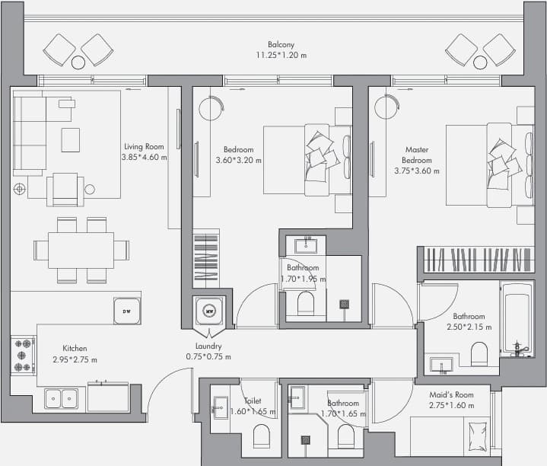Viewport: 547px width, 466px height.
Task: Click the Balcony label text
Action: tap(281, 44)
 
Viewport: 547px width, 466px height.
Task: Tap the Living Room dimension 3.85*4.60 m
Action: tap(144, 157)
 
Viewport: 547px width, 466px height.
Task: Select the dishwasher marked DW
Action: tap(127, 311)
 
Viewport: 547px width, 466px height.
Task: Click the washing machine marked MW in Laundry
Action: tap(209, 311)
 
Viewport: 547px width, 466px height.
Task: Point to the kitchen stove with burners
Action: tap(23, 356)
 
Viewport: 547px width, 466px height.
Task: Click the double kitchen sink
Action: tap(62, 399)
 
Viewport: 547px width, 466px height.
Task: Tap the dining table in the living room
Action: tap(81, 250)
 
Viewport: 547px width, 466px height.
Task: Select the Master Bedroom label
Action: tap(417, 155)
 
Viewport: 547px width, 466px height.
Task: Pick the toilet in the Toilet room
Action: tap(261, 436)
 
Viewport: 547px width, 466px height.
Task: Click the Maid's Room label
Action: tap(451, 394)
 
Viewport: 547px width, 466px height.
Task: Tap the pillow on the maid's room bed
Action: tap(478, 436)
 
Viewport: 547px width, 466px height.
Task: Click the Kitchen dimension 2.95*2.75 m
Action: tap(75, 359)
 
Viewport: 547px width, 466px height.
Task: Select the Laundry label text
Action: tap(208, 346)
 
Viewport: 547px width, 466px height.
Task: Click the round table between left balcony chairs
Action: tap(78, 62)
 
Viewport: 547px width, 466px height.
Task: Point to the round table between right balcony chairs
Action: tap(480, 62)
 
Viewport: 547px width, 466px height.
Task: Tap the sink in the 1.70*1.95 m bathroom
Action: tap(306, 246)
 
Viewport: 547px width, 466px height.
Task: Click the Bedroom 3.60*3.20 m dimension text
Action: tap(239, 160)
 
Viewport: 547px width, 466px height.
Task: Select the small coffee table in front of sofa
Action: tap(71, 140)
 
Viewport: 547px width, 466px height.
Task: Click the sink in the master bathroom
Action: tap(442, 365)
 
